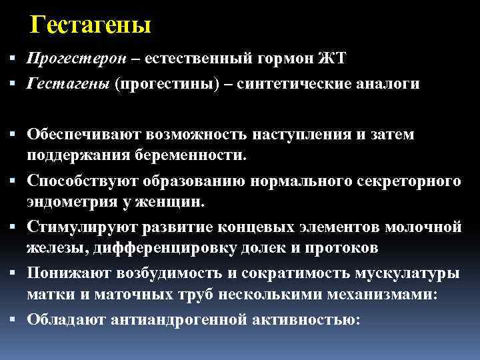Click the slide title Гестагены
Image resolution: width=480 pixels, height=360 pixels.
pyautogui.click(x=91, y=25)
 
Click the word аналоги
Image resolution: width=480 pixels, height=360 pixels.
pyautogui.click(x=389, y=83)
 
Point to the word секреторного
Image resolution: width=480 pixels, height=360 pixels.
pyautogui.click(x=416, y=181)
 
